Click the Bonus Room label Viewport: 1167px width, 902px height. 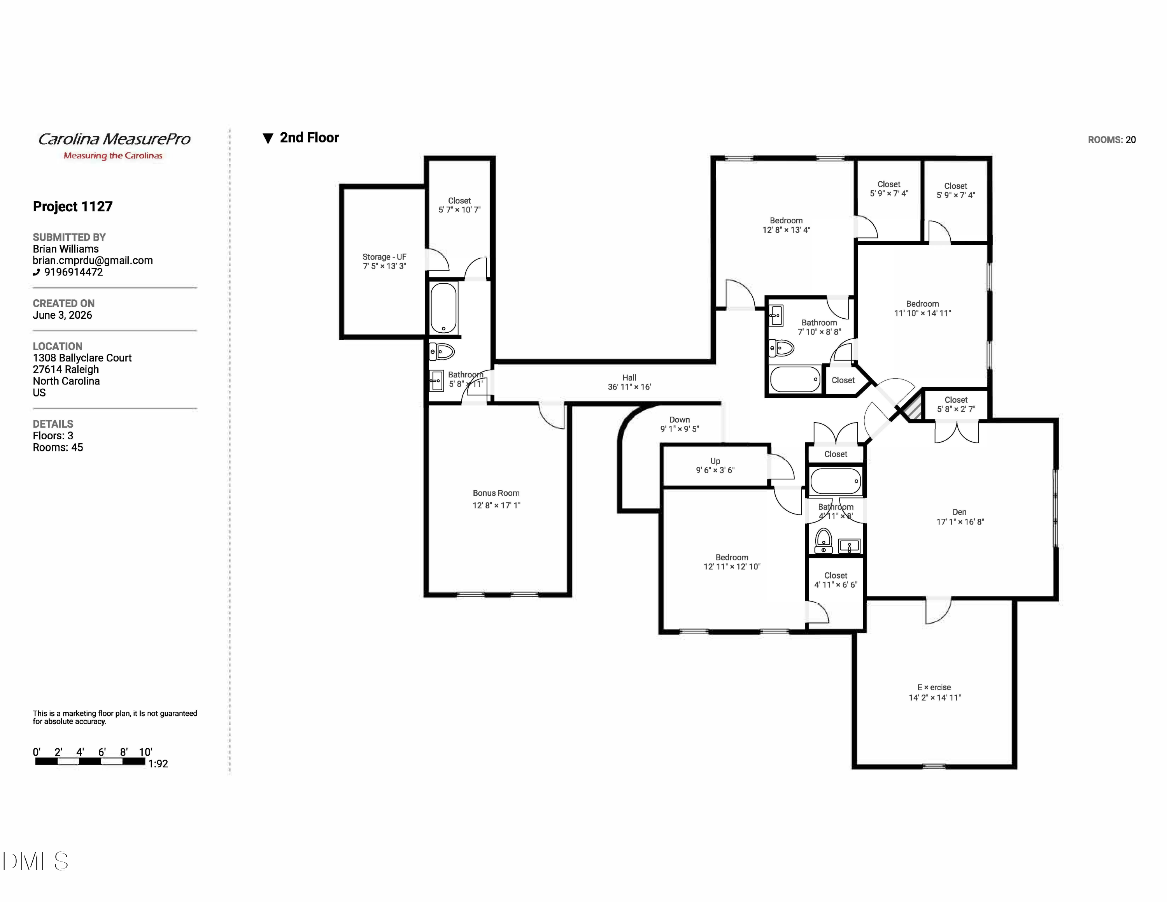tap(496, 493)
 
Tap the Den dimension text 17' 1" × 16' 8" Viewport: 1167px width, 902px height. tap(960, 521)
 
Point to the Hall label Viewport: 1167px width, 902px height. tap(629, 377)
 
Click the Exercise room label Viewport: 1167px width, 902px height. tap(934, 687)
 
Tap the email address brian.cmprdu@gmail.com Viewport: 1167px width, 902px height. tap(93, 260)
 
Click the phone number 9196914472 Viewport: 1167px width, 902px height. tap(73, 272)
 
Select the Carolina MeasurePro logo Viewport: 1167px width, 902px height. tap(114, 146)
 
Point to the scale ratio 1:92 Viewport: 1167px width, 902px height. tap(158, 763)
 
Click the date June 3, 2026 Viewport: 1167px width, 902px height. tap(63, 315)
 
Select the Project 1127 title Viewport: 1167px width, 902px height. tap(73, 206)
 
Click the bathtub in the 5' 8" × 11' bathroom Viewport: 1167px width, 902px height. tap(443, 308)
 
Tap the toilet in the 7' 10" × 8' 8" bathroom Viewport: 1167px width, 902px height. tap(781, 348)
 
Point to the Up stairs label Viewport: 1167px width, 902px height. tap(715, 461)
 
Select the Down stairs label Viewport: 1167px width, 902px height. tap(680, 419)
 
